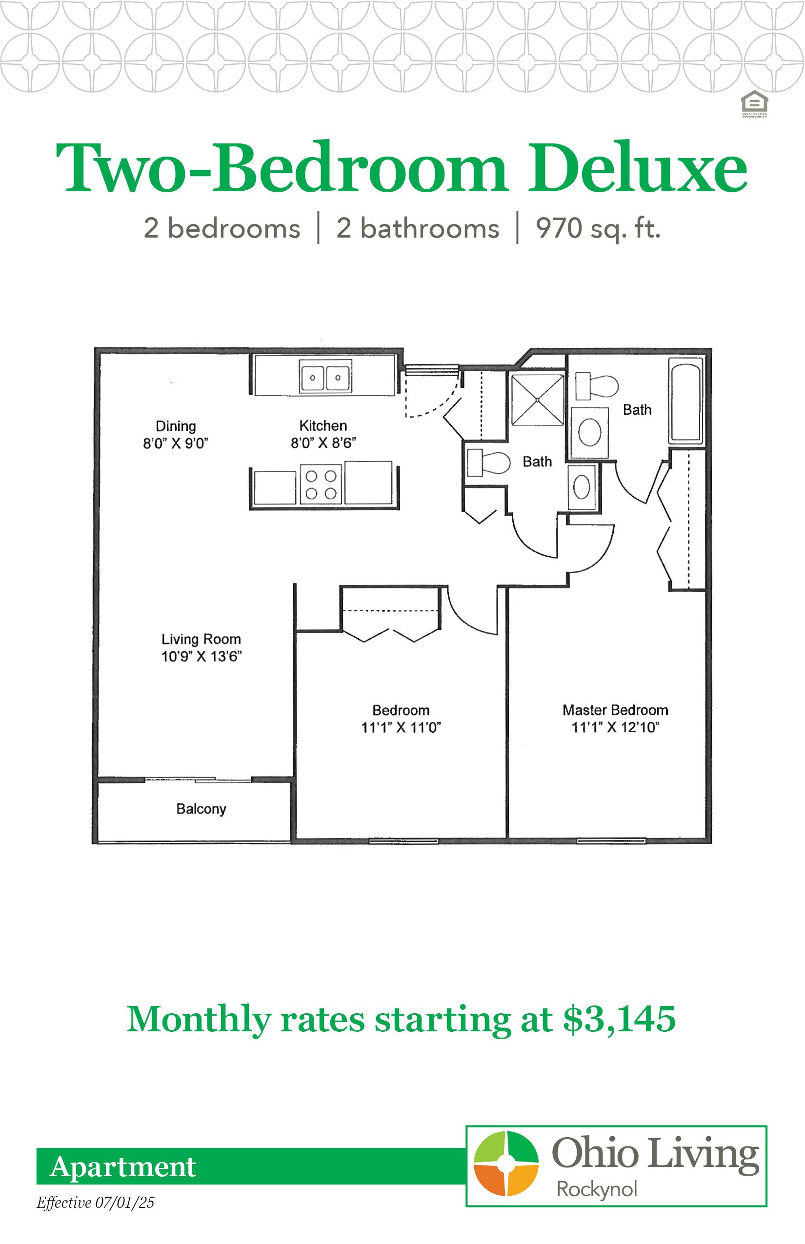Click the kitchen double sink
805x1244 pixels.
[325, 376]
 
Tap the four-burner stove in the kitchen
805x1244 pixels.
[321, 484]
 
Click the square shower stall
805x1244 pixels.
[538, 400]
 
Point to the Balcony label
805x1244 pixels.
[201, 809]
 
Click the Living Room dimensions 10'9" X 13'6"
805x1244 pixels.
[201, 657]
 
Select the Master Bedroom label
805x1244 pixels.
[615, 710]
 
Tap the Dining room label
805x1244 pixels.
[176, 426]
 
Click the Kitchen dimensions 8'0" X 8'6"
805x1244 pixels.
[323, 443]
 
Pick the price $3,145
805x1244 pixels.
[620, 1020]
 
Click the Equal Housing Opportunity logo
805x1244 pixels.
[754, 104]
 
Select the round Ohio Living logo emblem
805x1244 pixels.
[506, 1164]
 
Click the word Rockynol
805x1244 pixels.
[597, 1190]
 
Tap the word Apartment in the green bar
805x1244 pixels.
[123, 1167]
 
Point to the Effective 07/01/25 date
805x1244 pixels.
[96, 1203]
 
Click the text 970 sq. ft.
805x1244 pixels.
[599, 229]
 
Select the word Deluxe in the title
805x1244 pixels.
[638, 167]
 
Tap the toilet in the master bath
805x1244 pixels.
[597, 386]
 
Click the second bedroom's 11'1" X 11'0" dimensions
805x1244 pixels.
[402, 727]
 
